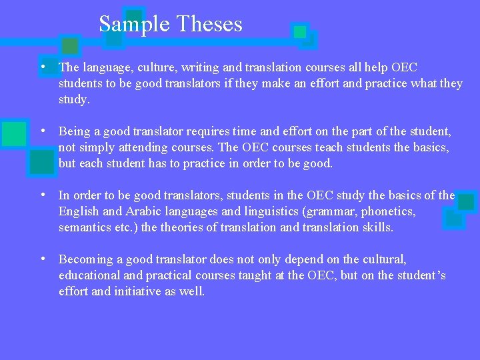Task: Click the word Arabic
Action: (x=141, y=211)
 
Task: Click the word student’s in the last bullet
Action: (x=421, y=275)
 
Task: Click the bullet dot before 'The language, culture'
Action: (x=42, y=67)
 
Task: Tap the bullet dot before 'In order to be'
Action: (x=42, y=195)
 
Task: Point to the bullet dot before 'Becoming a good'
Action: (x=42, y=259)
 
